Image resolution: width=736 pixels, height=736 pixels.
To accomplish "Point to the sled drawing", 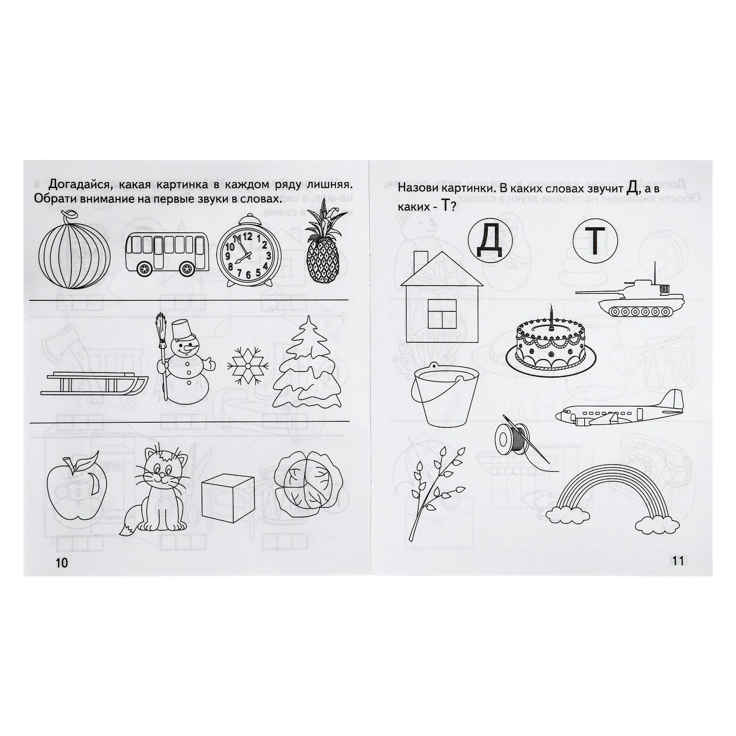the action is point(94,383).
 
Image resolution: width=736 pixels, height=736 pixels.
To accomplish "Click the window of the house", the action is point(443,314).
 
